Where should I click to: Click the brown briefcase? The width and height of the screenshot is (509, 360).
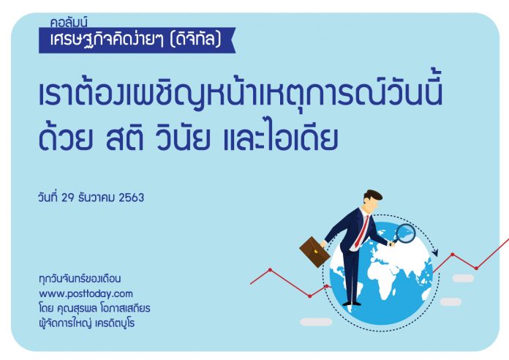coord(314,252)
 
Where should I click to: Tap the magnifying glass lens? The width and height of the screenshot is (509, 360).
coord(406,233)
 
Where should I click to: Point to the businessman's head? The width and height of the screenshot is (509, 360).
coord(373,200)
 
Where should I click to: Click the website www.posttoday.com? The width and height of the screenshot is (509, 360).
coord(86,294)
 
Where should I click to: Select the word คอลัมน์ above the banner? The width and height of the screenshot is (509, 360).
coord(69,23)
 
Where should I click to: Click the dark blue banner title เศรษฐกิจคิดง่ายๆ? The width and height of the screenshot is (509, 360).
coord(108,40)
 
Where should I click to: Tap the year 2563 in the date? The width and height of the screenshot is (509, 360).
coord(131,198)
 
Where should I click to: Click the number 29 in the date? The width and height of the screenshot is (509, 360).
coord(68,198)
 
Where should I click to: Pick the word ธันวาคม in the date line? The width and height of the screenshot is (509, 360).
coord(97,198)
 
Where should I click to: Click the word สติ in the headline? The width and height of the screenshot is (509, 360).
coord(124,139)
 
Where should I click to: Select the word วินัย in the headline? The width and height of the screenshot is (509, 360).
coord(182,139)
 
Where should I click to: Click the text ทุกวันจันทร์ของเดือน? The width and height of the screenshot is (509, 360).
coord(80,280)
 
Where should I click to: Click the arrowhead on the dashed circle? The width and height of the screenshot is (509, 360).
coord(435,252)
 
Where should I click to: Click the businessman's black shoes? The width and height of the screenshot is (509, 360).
coord(352,304)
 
